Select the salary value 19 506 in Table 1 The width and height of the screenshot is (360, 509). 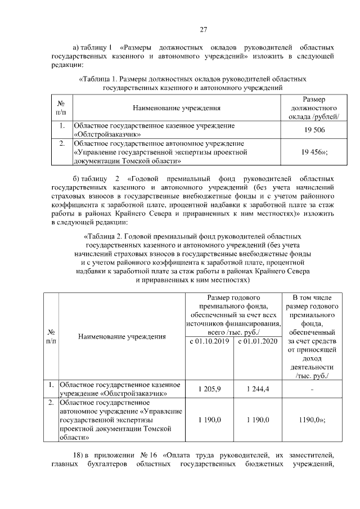[313, 130]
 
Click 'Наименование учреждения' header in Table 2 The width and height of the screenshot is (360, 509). [122, 337]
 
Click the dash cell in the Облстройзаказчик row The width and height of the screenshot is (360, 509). [312, 390]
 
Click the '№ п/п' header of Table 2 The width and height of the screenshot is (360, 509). [51, 337]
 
